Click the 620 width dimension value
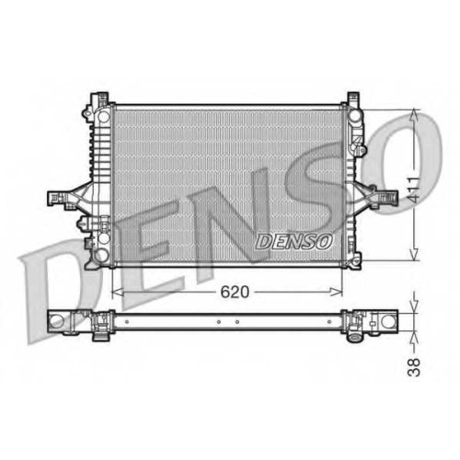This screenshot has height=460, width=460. pyautogui.click(x=235, y=292)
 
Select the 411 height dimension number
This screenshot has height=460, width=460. pyautogui.click(x=414, y=189)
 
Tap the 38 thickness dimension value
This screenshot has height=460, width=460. pyautogui.click(x=414, y=367)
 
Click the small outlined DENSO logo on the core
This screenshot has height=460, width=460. pyautogui.click(x=293, y=242)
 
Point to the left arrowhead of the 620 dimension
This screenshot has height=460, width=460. pyautogui.click(x=118, y=293)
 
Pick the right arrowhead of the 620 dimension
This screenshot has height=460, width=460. pyautogui.click(x=337, y=293)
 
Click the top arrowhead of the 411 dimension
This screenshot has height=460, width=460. pyautogui.click(x=414, y=115)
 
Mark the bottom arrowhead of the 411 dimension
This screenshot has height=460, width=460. pyautogui.click(x=414, y=255)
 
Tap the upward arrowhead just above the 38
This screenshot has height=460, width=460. pyautogui.click(x=414, y=337)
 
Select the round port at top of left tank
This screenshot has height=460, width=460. pyautogui.click(x=104, y=116)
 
